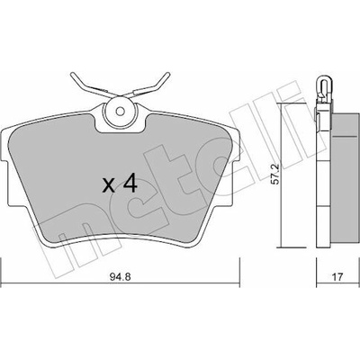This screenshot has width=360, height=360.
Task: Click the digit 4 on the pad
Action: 130,184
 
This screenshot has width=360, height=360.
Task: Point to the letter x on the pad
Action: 109,185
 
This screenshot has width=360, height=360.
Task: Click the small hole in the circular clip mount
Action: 121,112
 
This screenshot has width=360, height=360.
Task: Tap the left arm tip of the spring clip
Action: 72,75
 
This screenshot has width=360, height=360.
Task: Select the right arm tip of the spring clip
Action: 167,75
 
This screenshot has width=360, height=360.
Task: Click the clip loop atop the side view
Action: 323,85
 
